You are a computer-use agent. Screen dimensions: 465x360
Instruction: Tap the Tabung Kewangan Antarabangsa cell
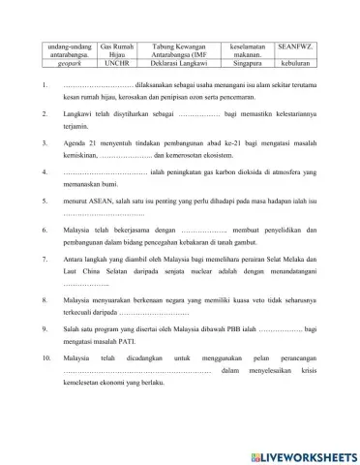[x=180, y=51]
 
